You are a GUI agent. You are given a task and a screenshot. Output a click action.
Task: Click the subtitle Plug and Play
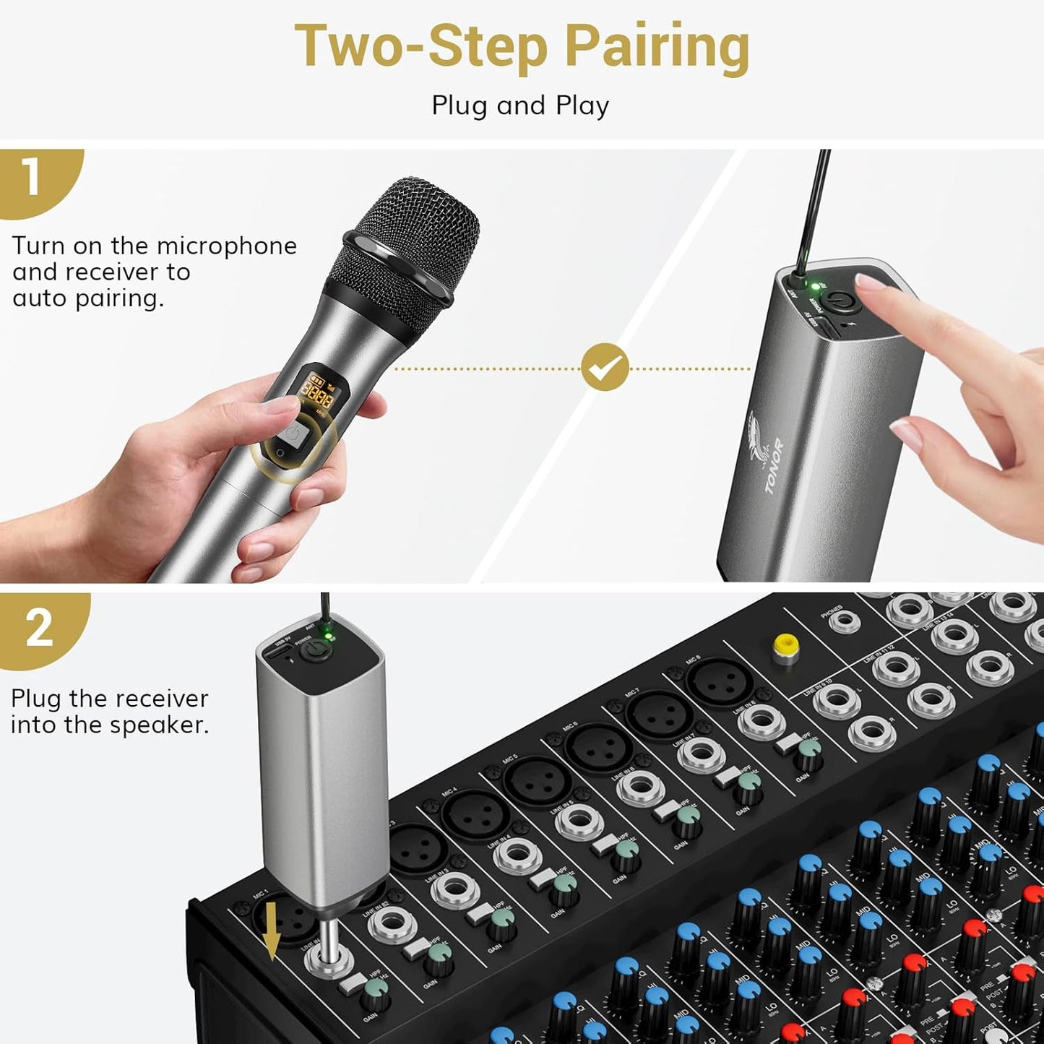click(x=520, y=105)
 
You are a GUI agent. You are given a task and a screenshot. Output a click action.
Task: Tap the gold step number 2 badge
click(x=39, y=627)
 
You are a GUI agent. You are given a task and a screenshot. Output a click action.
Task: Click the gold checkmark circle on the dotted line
click(x=605, y=367)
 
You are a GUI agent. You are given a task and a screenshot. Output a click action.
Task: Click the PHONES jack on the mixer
click(x=843, y=621)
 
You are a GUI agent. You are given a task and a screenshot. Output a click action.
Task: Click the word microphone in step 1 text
click(x=226, y=246)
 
